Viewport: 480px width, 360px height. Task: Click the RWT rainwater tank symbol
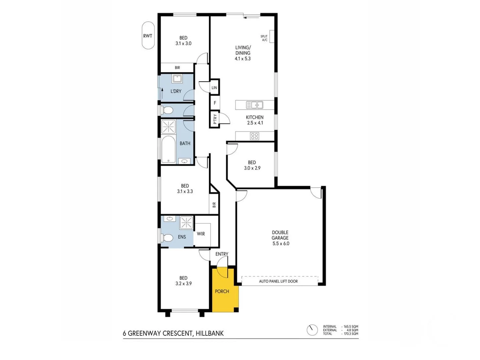[x=148, y=36]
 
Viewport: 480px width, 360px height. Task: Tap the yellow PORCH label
[x=222, y=291]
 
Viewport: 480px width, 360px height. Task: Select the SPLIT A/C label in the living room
[x=264, y=38]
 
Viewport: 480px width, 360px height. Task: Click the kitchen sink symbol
[x=255, y=105]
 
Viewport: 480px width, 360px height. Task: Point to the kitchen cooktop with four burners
[x=255, y=136]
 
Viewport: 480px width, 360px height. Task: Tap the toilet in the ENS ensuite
[x=167, y=238]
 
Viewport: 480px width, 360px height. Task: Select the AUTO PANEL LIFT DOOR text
[x=278, y=281]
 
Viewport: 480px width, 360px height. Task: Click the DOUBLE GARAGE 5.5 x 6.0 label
[x=280, y=238]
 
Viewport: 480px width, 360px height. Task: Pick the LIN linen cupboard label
[x=214, y=88]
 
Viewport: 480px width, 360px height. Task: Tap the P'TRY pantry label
[x=215, y=119]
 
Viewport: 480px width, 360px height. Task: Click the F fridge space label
[x=215, y=103]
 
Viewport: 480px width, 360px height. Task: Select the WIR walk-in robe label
[x=201, y=234]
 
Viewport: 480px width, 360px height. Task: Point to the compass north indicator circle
[x=312, y=330]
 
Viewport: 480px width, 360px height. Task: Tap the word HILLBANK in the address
[x=210, y=333]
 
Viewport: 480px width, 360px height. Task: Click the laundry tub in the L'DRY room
[x=177, y=79]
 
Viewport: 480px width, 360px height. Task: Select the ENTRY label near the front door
[x=222, y=254]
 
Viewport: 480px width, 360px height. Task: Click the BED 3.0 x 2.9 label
[x=252, y=165]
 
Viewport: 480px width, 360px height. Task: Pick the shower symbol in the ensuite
[x=186, y=222]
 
